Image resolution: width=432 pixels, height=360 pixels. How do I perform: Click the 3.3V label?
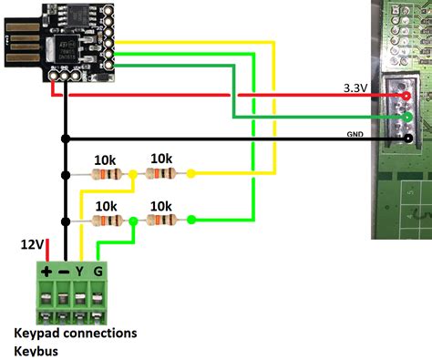point(355,87)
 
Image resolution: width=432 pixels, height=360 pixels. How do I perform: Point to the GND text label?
point(355,133)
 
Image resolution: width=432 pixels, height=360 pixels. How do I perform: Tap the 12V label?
point(33,245)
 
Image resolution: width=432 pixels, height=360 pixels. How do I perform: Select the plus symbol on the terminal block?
point(46,272)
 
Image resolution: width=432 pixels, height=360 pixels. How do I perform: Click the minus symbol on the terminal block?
point(64,272)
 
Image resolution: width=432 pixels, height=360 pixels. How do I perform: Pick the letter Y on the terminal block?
point(80,272)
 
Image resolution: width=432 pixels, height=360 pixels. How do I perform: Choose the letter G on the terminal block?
point(98,272)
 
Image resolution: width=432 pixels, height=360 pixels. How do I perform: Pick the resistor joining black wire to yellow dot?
point(106,173)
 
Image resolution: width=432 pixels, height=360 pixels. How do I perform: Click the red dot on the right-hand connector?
point(406,94)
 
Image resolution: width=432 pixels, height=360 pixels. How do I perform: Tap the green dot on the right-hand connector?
point(406,117)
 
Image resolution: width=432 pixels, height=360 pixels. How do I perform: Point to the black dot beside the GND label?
point(407,139)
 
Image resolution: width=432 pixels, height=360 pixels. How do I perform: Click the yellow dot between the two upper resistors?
point(133,173)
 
